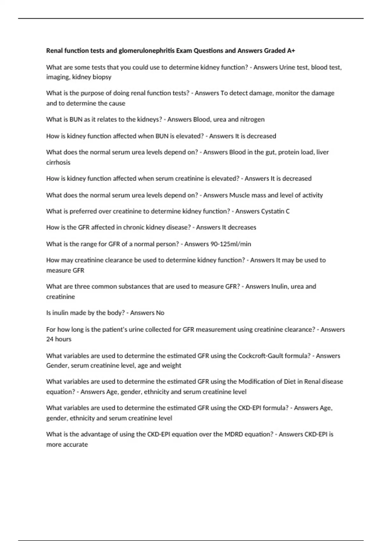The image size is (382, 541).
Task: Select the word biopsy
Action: tap(102, 77)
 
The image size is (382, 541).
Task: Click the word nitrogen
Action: tap(252, 119)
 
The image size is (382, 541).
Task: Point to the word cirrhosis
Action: tap(58, 162)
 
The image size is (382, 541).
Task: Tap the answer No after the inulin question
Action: tap(160, 313)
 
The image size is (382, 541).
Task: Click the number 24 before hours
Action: tap(50, 339)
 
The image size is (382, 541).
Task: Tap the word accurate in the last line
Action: tap(75, 445)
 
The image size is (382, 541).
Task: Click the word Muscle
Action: tap(240, 195)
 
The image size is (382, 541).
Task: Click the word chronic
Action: tap(123, 228)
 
